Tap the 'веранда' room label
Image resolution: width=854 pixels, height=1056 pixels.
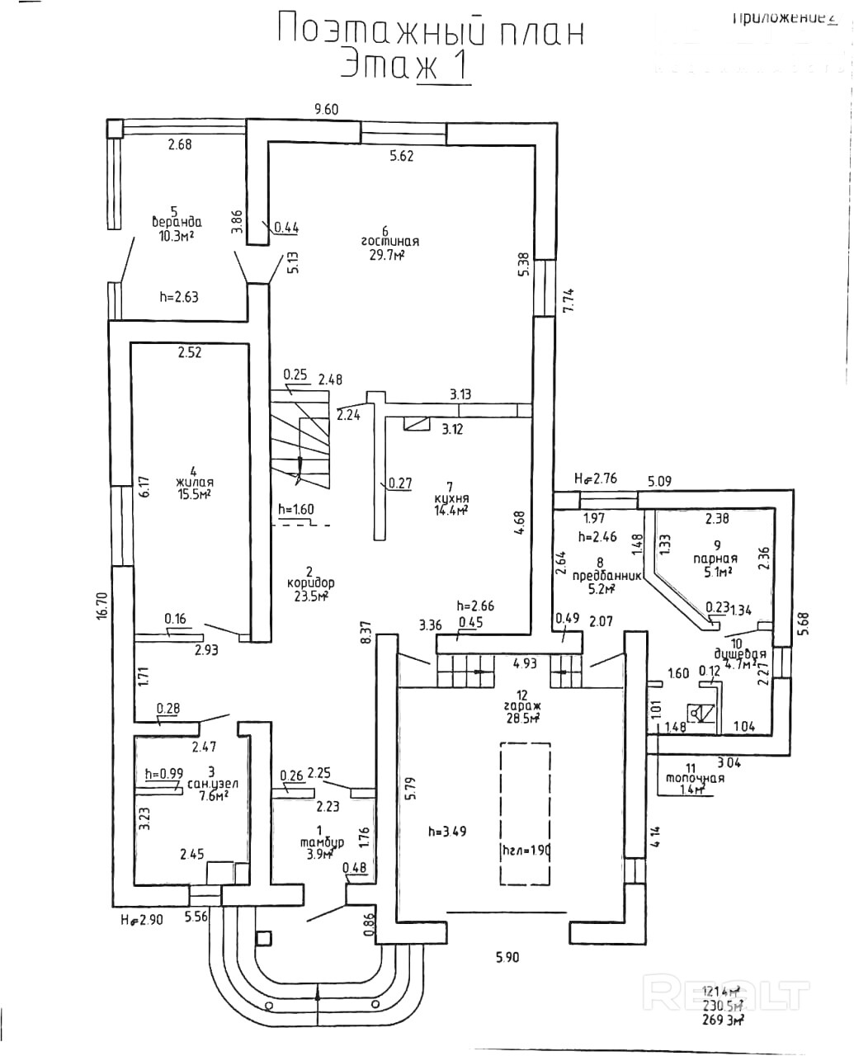[x=177, y=222]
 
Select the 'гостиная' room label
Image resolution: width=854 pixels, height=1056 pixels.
[x=389, y=242]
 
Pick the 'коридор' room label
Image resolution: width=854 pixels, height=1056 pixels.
[x=310, y=582]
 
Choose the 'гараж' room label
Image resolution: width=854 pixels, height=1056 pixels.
[x=521, y=707]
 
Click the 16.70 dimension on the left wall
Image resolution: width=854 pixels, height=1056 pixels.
[x=101, y=601]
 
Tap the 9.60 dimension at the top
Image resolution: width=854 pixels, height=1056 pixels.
[x=327, y=108]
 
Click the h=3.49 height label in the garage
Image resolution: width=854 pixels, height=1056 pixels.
[x=447, y=831]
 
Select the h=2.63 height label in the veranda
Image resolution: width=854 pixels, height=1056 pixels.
[x=178, y=296]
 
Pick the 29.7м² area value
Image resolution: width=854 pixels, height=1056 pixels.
[x=385, y=257]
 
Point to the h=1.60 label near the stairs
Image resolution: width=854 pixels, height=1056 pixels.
[x=296, y=509]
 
